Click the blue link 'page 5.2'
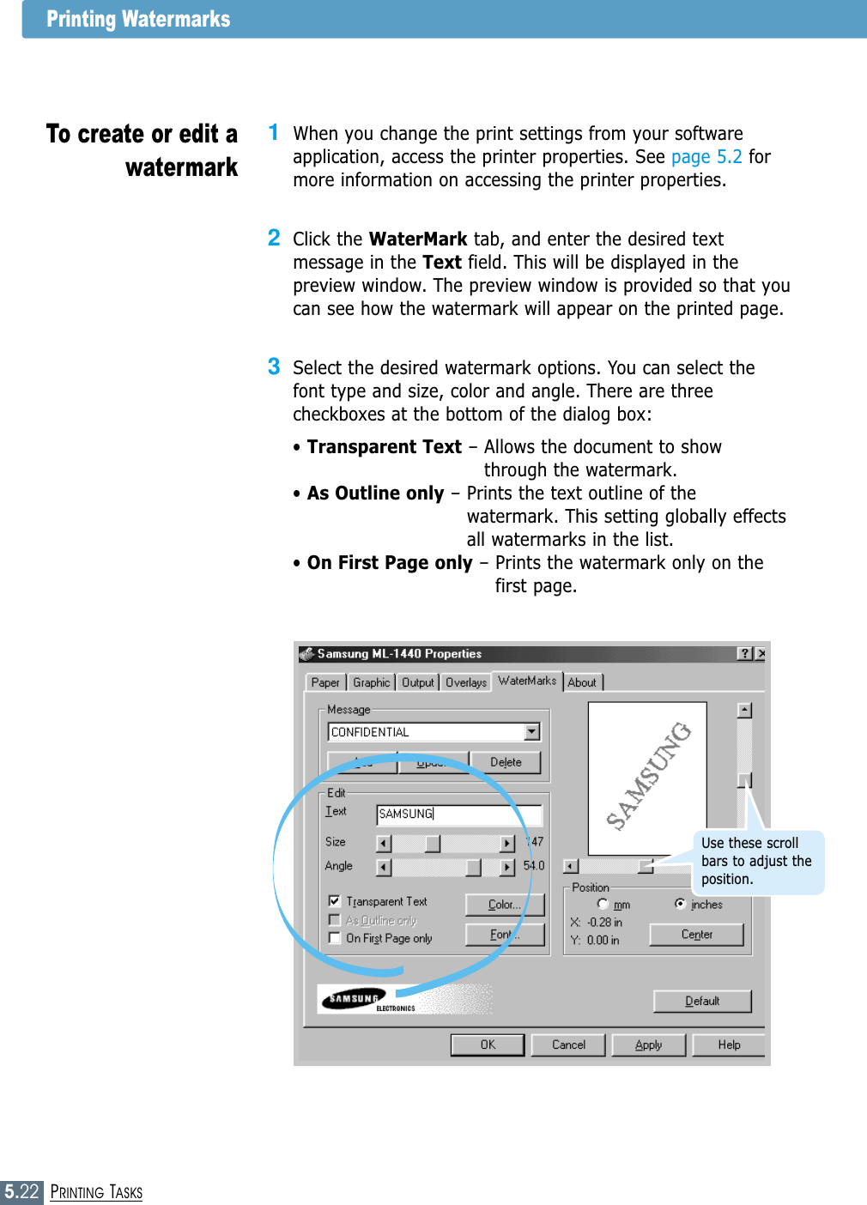pyautogui.click(x=706, y=157)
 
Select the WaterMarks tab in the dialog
pyautogui.click(x=526, y=681)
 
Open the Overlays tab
pyautogui.click(x=465, y=682)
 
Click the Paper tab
pyautogui.click(x=325, y=682)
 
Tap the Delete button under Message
pyautogui.click(x=506, y=762)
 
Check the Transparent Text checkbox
pyautogui.click(x=335, y=901)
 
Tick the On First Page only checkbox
pyautogui.click(x=335, y=938)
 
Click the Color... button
pyautogui.click(x=504, y=905)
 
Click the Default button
pyautogui.click(x=701, y=1001)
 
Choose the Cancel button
pyautogui.click(x=568, y=1045)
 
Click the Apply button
pyautogui.click(x=648, y=1045)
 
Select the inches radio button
pyautogui.click(x=681, y=904)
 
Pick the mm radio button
pyautogui.click(x=603, y=905)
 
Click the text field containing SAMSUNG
pyautogui.click(x=459, y=814)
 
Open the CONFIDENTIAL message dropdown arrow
pyautogui.click(x=532, y=732)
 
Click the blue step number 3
pyautogui.click(x=274, y=366)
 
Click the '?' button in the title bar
pyautogui.click(x=744, y=654)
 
